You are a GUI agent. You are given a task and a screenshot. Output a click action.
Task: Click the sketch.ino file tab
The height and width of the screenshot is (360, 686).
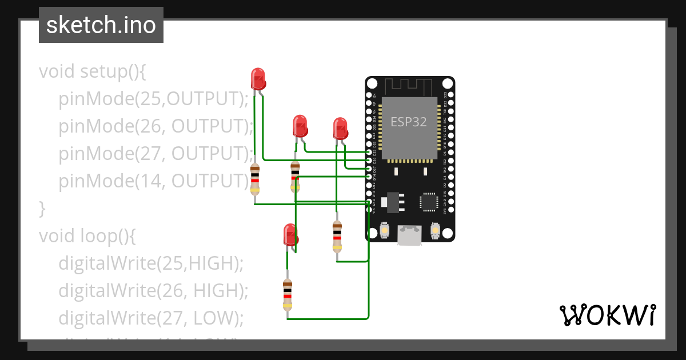point(101,25)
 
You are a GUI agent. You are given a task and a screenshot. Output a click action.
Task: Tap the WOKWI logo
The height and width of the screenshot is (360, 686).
point(607,315)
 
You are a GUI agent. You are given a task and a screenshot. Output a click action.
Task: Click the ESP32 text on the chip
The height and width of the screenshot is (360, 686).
point(408,122)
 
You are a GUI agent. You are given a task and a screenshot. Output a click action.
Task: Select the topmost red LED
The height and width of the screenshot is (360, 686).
point(258,78)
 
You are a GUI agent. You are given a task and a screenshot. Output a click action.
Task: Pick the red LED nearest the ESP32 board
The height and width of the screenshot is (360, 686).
point(341,128)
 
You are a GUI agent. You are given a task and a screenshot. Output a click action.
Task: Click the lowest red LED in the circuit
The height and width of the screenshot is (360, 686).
point(290,235)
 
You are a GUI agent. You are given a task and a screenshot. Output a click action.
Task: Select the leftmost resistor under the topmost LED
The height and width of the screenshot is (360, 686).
point(255,178)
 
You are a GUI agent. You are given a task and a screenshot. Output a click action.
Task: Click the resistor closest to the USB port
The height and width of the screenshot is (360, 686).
point(337,236)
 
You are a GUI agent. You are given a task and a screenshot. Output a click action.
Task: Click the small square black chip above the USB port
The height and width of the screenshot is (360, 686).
point(429,201)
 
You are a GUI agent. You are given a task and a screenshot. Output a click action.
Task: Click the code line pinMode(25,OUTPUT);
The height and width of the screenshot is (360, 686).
point(154,99)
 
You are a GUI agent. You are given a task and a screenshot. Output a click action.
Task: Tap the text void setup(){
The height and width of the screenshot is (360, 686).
point(93,72)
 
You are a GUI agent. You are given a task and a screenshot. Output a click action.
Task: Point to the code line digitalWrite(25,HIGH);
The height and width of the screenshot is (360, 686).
point(151,263)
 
